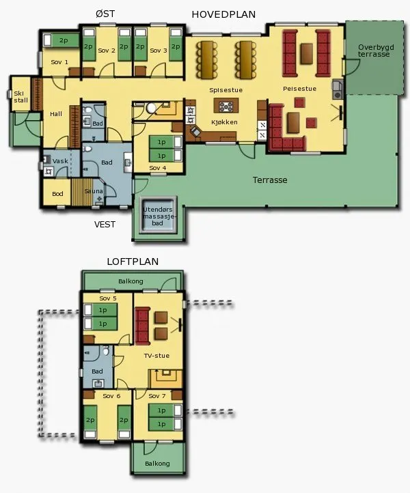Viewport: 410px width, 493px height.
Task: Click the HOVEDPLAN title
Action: point(223,14)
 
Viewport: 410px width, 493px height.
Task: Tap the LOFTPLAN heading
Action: point(133,262)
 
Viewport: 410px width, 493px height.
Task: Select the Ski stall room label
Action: point(20,97)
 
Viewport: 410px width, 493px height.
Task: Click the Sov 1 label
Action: point(59,62)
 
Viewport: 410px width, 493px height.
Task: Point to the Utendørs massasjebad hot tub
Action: point(158,216)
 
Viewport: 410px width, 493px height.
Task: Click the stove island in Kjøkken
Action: point(226,106)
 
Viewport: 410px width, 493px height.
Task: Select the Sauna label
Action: point(94,191)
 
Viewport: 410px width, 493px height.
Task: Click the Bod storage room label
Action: point(57,194)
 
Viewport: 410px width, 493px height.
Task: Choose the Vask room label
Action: point(60,161)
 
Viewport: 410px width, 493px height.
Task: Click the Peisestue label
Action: point(299,89)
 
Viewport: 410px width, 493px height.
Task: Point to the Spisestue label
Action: point(226,90)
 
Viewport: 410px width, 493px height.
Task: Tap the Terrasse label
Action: point(270,180)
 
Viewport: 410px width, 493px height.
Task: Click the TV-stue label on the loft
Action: point(156,356)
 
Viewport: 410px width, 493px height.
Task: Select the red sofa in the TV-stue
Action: point(142,326)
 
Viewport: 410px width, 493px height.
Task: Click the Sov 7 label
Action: point(157,396)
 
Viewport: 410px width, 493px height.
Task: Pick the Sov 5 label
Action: point(108,298)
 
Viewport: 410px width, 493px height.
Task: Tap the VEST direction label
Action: point(105,225)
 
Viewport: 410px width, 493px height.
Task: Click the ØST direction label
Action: point(105,14)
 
